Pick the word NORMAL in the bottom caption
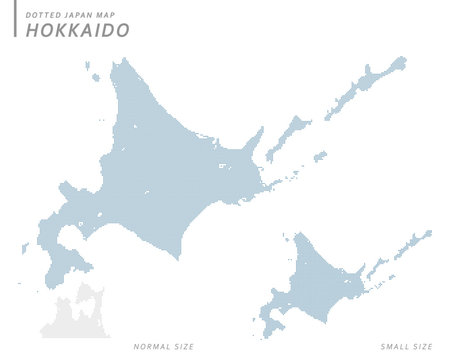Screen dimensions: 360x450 (151, 346)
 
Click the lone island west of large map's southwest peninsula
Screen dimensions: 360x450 (25, 246)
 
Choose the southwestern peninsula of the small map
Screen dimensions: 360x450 (271, 318)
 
